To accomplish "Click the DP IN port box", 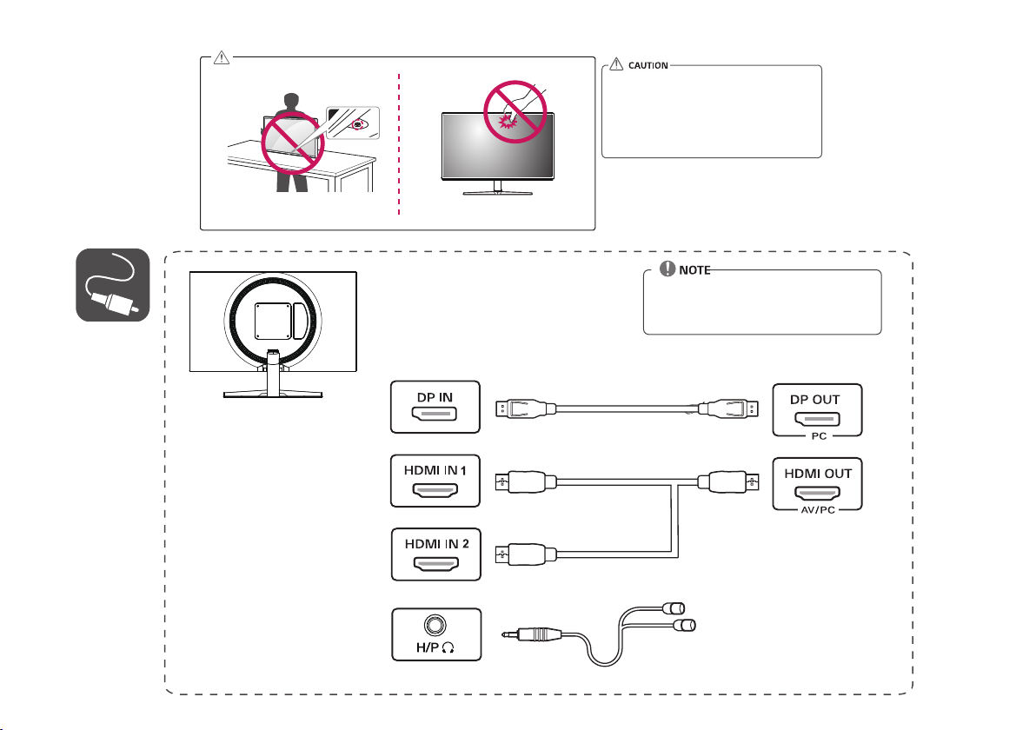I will pyautogui.click(x=435, y=407).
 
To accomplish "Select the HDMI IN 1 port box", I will pyautogui.click(x=435, y=481).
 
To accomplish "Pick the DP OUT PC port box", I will pyautogui.click(x=818, y=408).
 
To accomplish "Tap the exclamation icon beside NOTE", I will pyautogui.click(x=667, y=270).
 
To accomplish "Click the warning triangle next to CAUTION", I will pyautogui.click(x=616, y=64).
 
